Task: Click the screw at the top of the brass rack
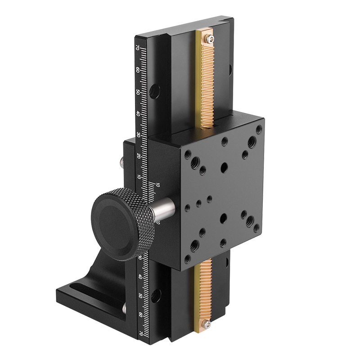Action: coord(209,40)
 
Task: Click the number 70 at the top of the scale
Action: coord(137,49)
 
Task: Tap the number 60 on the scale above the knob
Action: coord(137,70)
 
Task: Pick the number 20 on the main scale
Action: coord(139,155)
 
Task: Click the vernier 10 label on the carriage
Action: coord(157,185)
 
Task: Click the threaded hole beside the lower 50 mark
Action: coord(156,295)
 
